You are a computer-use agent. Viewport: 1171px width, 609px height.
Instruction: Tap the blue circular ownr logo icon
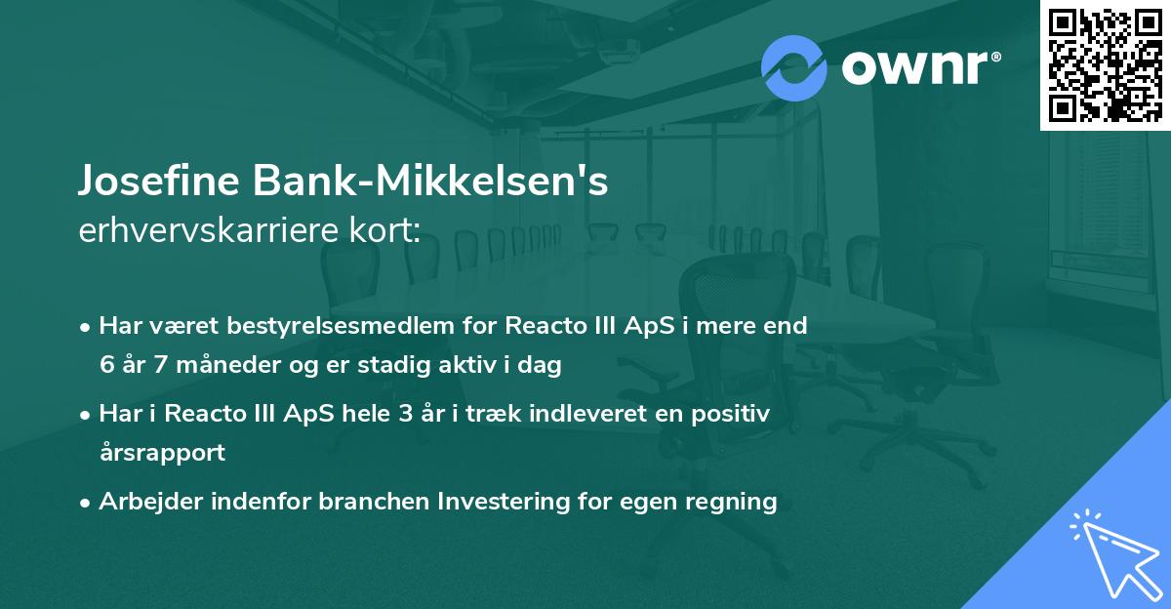pyautogui.click(x=793, y=67)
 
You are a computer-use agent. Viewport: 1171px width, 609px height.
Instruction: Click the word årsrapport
pyautogui.click(x=162, y=453)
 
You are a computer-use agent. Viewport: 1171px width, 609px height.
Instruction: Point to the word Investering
pyautogui.click(x=507, y=502)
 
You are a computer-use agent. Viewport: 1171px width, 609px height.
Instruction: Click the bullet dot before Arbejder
pyautogui.click(x=87, y=503)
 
